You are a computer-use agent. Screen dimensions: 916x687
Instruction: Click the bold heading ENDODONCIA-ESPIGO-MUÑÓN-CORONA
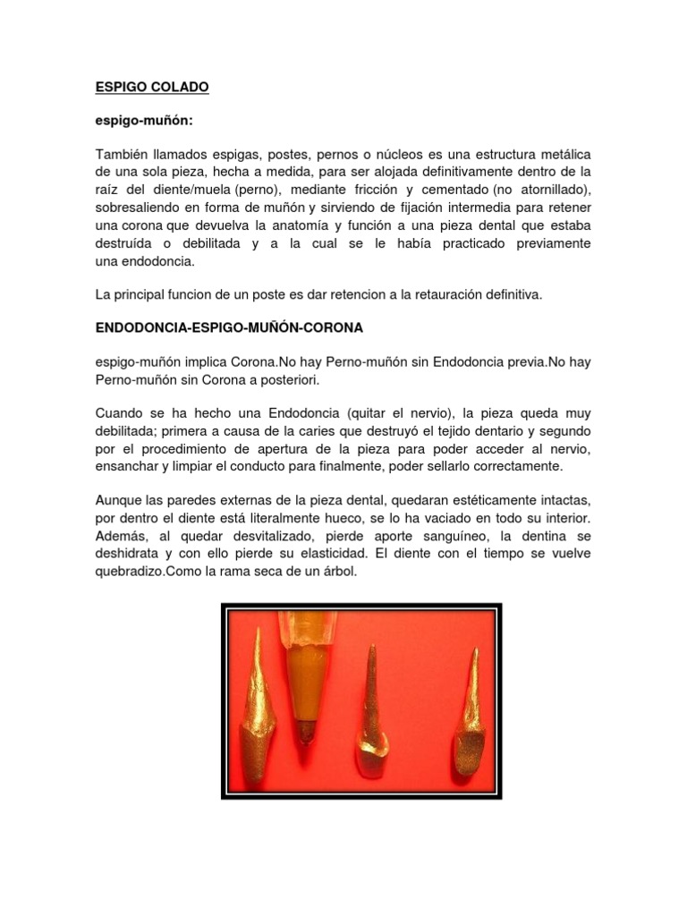tap(229, 328)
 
